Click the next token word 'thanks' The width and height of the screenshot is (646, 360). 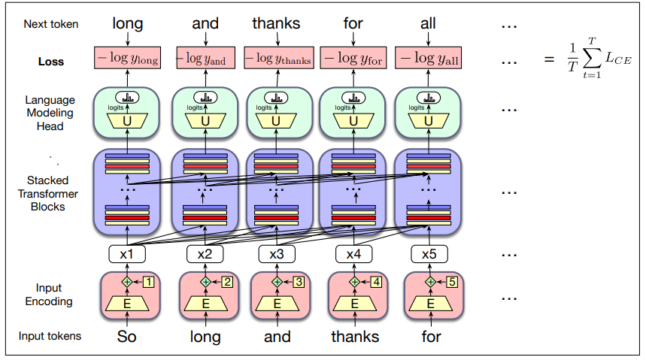tap(276, 24)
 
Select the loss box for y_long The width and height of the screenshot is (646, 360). tap(127, 58)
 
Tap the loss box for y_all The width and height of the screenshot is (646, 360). tap(429, 58)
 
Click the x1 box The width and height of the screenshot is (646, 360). tap(128, 254)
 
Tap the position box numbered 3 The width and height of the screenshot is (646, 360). tap(299, 282)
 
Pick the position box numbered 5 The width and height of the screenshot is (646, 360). tap(452, 282)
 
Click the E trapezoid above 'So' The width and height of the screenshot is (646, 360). tap(127, 304)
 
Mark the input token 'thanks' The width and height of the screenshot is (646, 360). tap(354, 336)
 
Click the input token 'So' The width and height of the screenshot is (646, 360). tap(126, 336)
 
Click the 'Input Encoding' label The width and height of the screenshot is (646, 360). tap(48, 295)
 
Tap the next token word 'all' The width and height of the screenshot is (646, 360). tap(428, 24)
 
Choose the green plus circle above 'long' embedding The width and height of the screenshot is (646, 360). tap(205, 282)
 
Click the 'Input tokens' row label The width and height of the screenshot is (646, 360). tap(51, 336)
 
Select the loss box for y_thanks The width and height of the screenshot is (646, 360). tap(278, 58)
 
